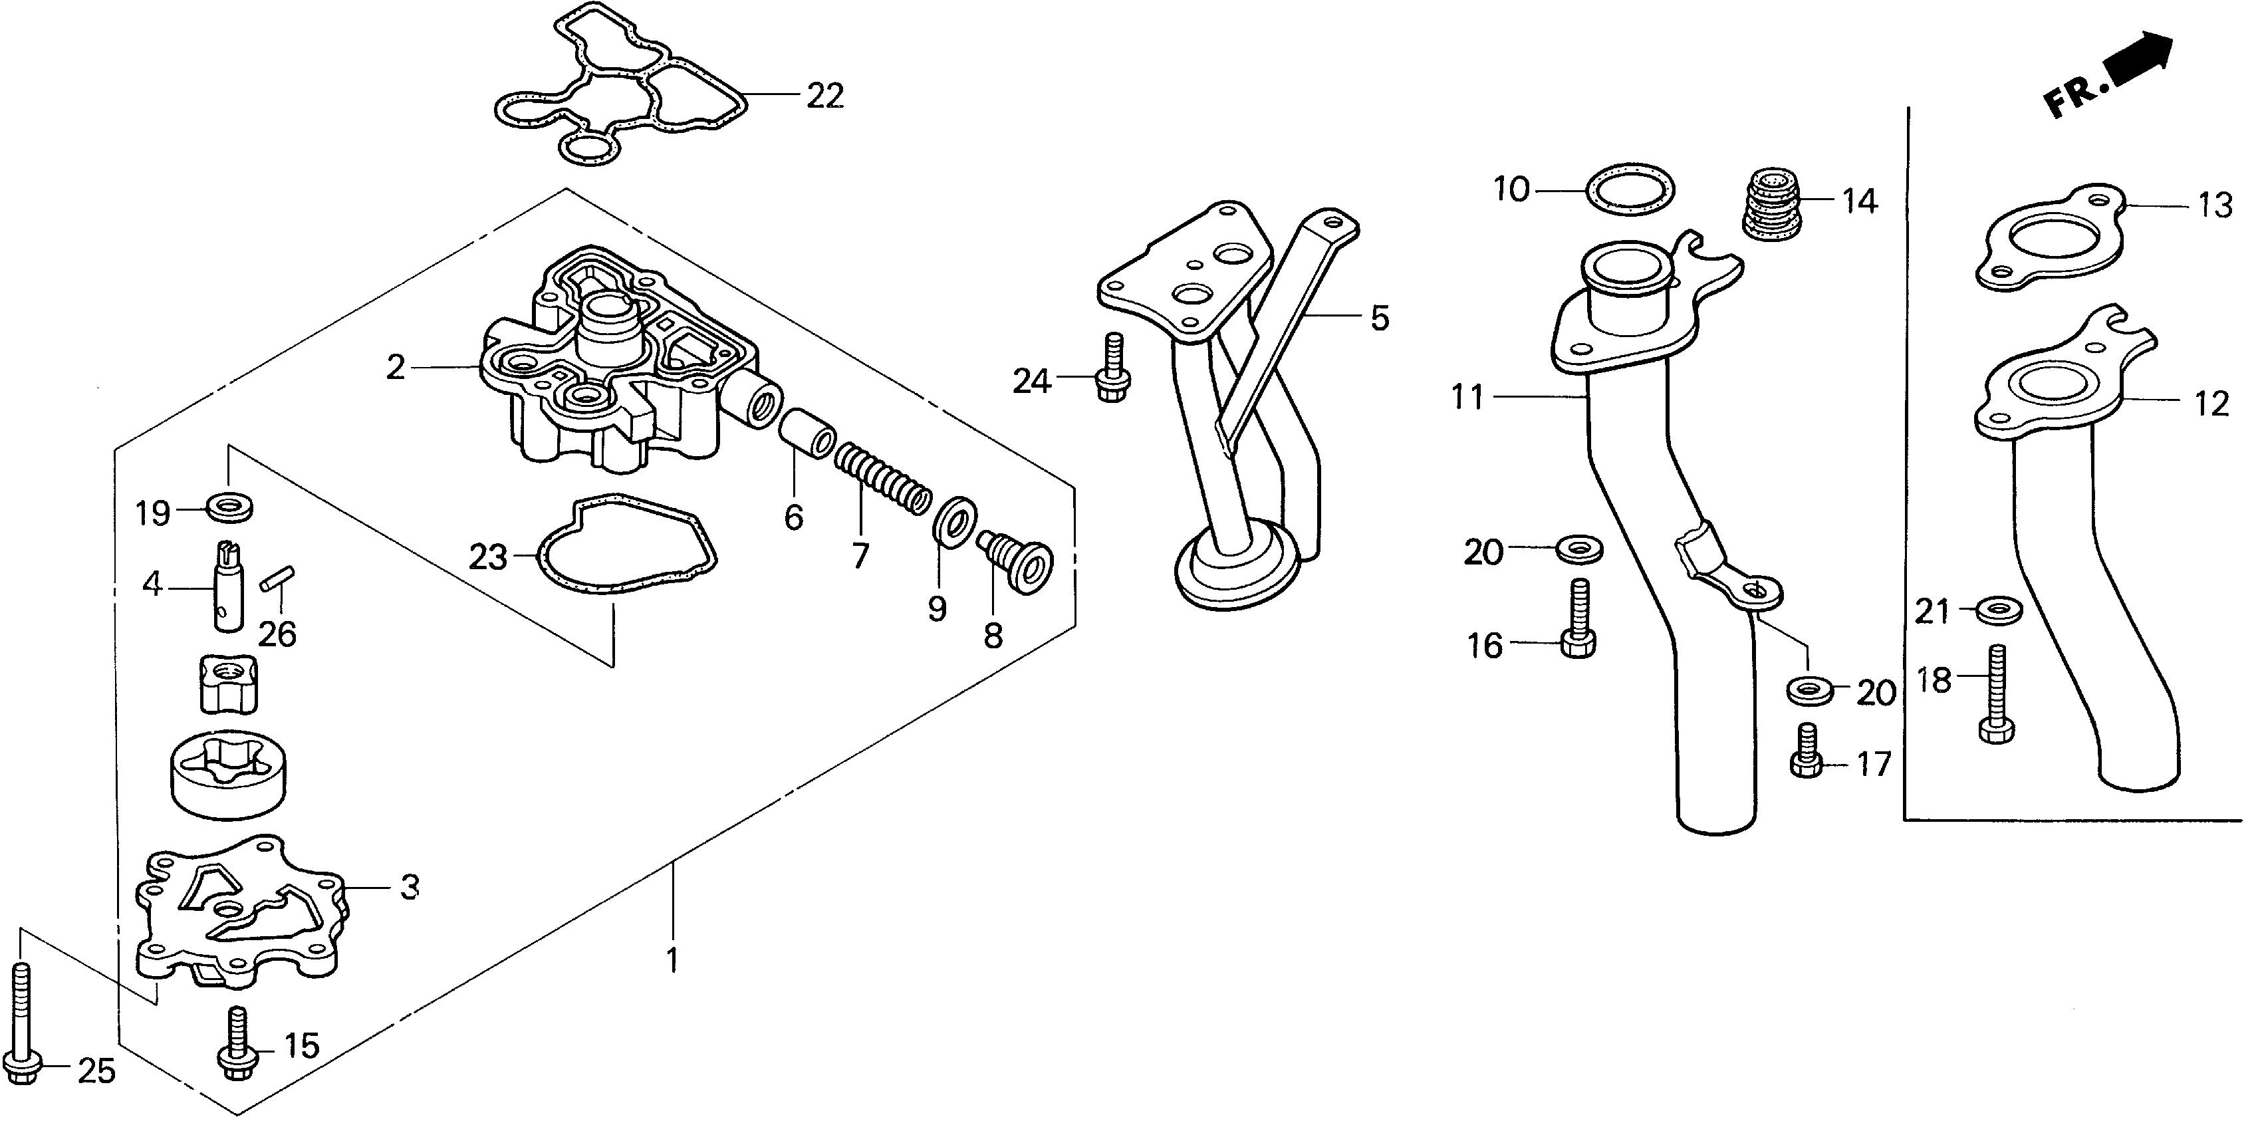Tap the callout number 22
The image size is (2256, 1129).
(x=824, y=96)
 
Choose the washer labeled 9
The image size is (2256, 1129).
(x=952, y=523)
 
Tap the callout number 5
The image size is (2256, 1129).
(x=1380, y=318)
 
